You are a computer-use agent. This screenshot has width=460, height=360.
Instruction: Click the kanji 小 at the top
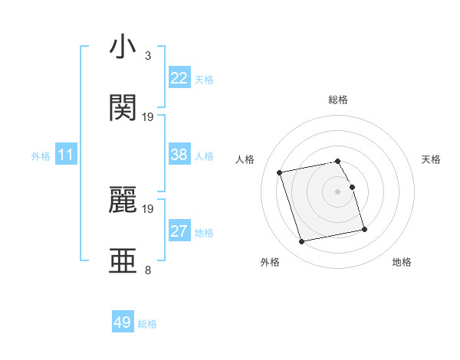(123, 47)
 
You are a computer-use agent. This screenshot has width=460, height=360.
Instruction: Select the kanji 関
(123, 108)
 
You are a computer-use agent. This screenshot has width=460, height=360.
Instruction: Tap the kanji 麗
(123, 201)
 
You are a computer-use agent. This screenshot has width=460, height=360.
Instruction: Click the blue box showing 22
(179, 78)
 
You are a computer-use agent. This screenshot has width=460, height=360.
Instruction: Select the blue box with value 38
(179, 155)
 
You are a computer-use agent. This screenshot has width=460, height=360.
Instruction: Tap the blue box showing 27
(179, 231)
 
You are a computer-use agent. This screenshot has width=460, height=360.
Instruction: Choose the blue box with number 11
(66, 155)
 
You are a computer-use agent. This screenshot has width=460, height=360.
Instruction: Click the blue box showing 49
(123, 322)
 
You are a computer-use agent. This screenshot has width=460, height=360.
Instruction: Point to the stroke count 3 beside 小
(147, 56)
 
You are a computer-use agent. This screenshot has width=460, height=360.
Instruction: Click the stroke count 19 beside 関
(148, 117)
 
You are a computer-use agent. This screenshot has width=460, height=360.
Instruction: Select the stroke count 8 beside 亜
(147, 270)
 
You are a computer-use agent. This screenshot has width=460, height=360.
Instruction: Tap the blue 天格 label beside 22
(204, 79)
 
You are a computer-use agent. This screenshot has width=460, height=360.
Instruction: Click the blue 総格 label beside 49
(147, 323)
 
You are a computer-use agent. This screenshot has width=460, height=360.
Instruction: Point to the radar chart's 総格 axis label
(338, 100)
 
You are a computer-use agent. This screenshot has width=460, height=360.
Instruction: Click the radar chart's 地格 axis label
(402, 262)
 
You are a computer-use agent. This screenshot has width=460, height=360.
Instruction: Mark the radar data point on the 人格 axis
(280, 172)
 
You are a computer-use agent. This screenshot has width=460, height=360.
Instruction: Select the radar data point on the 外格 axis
(302, 241)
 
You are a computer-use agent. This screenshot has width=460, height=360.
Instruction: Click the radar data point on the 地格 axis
(364, 229)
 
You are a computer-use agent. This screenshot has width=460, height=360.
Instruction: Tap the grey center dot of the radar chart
(338, 191)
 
